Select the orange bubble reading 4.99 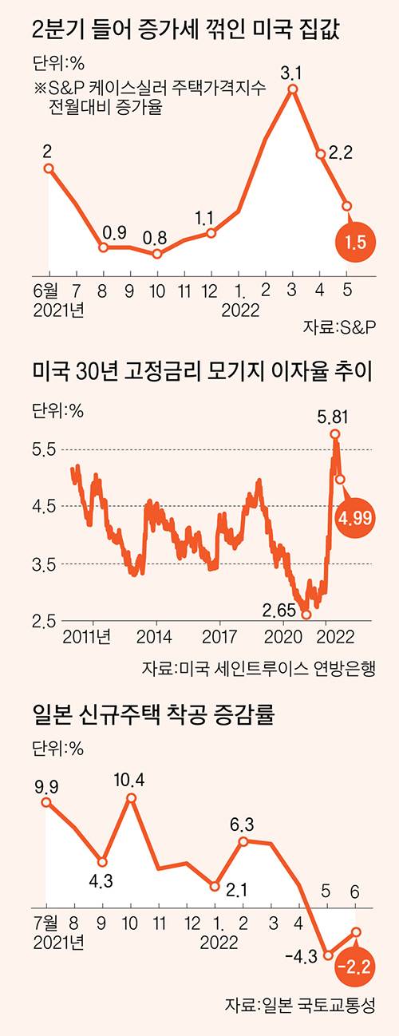[354, 518]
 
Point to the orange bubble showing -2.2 [351, 967]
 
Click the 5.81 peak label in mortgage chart [333, 416]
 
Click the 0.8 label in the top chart [156, 237]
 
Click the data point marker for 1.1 [211, 233]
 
